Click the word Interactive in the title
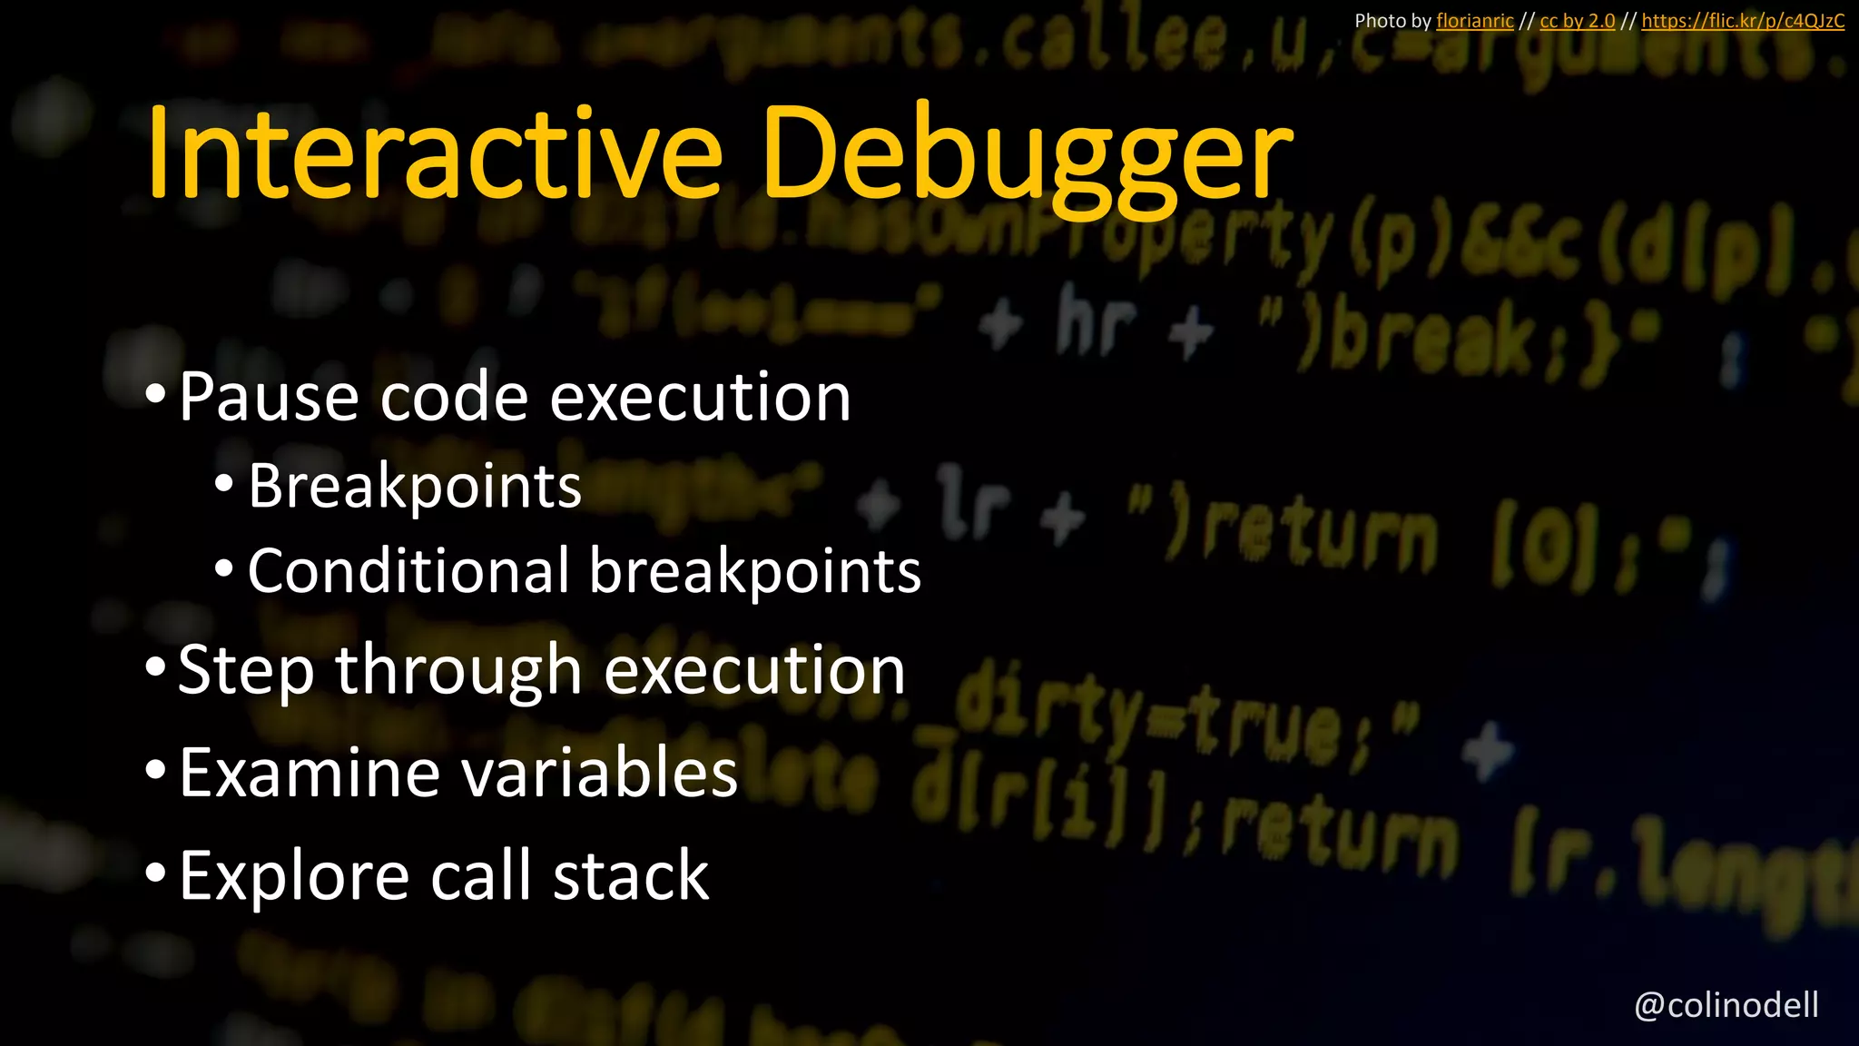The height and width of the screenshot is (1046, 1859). (x=434, y=153)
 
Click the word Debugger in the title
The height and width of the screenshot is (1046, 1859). (x=1028, y=156)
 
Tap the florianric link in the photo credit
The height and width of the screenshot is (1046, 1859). (x=1474, y=21)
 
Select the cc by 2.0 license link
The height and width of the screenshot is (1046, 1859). (x=1577, y=21)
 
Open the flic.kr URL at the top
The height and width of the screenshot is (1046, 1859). (x=1742, y=21)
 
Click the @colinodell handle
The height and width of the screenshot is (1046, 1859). (x=1726, y=1005)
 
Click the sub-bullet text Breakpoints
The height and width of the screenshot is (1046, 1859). (x=415, y=487)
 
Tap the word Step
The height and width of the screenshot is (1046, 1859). (x=246, y=671)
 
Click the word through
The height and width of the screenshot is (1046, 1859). (x=457, y=671)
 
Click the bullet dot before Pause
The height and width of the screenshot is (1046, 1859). (x=155, y=395)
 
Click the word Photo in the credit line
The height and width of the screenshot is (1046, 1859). (x=1377, y=21)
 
